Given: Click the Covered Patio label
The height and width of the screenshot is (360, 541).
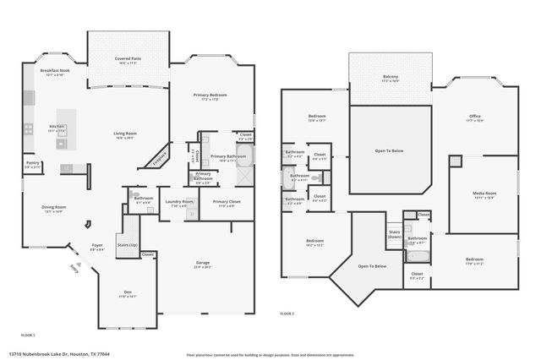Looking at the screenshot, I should [128, 60].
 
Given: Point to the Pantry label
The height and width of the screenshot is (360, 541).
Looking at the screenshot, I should [32, 165].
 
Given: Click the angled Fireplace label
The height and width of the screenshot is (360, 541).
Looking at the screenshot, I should [161, 158].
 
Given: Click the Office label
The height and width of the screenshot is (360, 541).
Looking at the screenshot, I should [475, 117].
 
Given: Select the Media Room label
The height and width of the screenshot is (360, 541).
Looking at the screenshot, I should [484, 195].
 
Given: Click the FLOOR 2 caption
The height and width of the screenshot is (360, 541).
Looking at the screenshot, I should [287, 313].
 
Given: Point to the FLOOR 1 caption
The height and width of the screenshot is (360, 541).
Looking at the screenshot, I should [28, 335].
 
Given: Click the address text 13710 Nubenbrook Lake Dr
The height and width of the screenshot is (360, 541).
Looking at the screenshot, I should [59, 354].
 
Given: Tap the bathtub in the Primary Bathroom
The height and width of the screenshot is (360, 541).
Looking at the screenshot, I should [243, 156].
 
